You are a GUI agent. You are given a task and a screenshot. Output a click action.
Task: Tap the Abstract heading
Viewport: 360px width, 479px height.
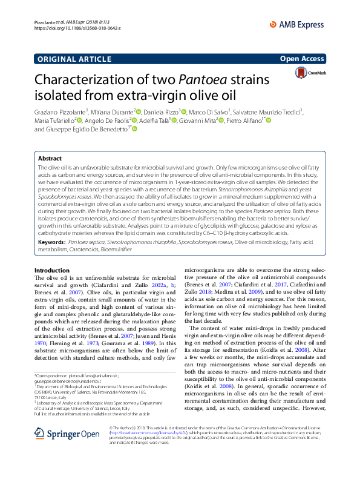click(x=50, y=157)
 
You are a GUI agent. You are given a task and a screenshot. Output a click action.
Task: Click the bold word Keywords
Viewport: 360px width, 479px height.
click(x=51, y=242)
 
